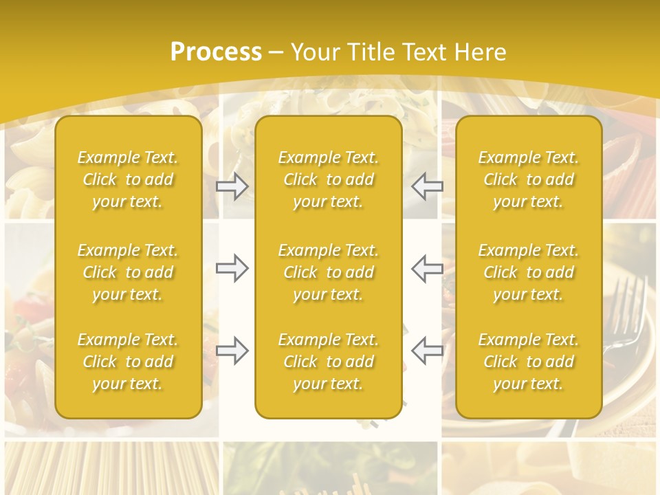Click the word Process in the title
pos(216,52)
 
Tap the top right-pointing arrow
pos(232,186)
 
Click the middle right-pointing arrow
pos(232,268)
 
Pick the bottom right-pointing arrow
pos(232,351)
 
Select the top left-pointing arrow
pos(428,186)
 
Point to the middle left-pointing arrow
pos(428,268)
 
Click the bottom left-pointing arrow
pos(428,351)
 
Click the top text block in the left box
pos(128,179)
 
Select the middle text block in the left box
pos(128,272)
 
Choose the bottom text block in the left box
pos(128,362)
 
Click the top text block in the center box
pos(329,179)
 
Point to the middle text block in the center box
pos(329,272)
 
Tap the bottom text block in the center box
pos(329,362)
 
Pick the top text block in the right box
pos(529,179)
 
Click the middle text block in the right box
pos(529,272)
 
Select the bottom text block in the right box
pos(529,362)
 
